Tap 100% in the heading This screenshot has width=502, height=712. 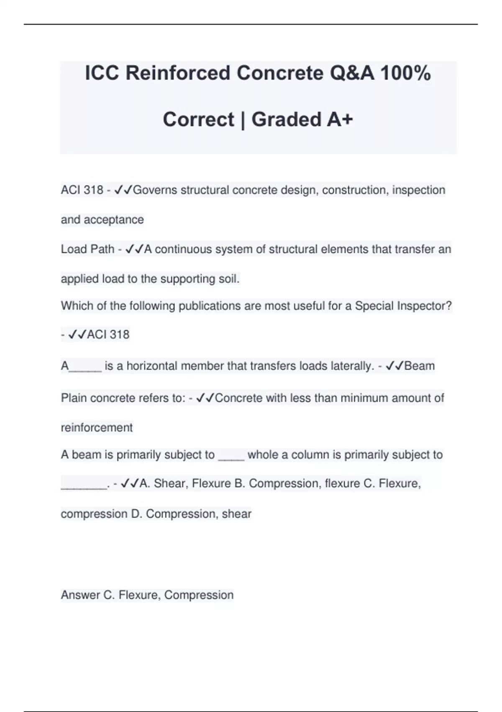point(406,73)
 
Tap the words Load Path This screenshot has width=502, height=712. point(87,249)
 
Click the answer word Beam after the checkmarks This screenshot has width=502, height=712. point(420,366)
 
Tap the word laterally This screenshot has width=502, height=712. point(352,366)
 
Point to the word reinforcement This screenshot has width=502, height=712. point(97,428)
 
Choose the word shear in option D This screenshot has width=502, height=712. point(236,514)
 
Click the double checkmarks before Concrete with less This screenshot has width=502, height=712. point(205,398)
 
